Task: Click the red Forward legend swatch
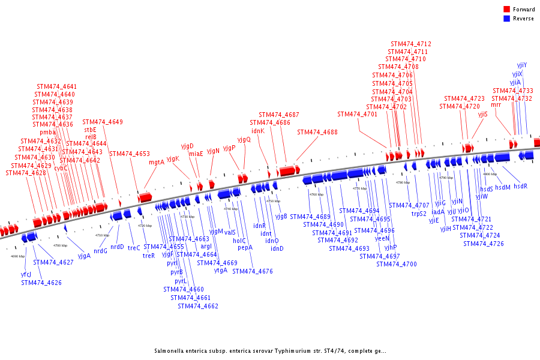506,10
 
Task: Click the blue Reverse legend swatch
506,19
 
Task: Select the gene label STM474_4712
410,44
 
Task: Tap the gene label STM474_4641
56,86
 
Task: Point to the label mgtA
157,162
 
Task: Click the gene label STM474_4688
317,132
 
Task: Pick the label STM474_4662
197,306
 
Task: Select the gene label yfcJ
26,275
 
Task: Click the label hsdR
520,186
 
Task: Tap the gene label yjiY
522,65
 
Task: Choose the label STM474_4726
483,244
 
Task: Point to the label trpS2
419,214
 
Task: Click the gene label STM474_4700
396,264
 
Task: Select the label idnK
257,131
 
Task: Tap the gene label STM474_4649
102,122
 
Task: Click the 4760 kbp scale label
316,195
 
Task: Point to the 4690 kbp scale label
17,256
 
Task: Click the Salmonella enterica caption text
269,351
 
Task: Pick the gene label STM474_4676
252,271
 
